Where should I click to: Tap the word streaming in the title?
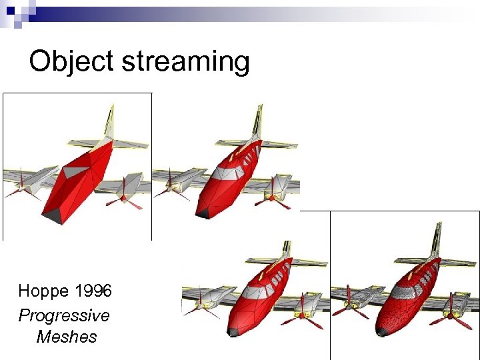[x=185, y=62]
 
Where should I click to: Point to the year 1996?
[x=93, y=291]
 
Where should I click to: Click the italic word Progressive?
[x=64, y=315]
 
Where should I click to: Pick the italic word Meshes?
[x=67, y=337]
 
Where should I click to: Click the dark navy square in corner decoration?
[x=11, y=11]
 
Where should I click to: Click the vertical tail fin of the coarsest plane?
[x=109, y=123]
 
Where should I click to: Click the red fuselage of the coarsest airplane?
[x=77, y=180]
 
